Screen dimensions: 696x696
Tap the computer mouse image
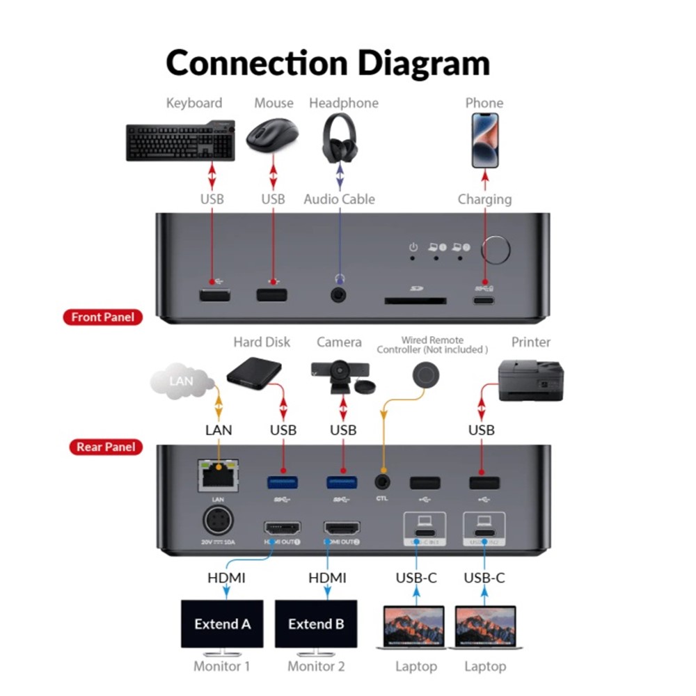click(x=273, y=136)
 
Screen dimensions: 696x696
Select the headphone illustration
click(x=340, y=138)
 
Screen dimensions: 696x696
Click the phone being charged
click(x=484, y=141)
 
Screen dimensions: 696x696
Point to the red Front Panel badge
click(x=103, y=317)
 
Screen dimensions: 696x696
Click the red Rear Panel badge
click(x=105, y=447)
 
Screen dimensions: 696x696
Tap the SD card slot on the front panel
click(x=416, y=301)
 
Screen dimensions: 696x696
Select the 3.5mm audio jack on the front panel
click(x=340, y=295)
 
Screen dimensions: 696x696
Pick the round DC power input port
click(x=216, y=521)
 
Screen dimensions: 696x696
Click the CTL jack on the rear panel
click(x=381, y=481)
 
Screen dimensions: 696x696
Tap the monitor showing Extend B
click(x=316, y=624)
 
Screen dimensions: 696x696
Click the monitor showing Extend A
click(x=222, y=624)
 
